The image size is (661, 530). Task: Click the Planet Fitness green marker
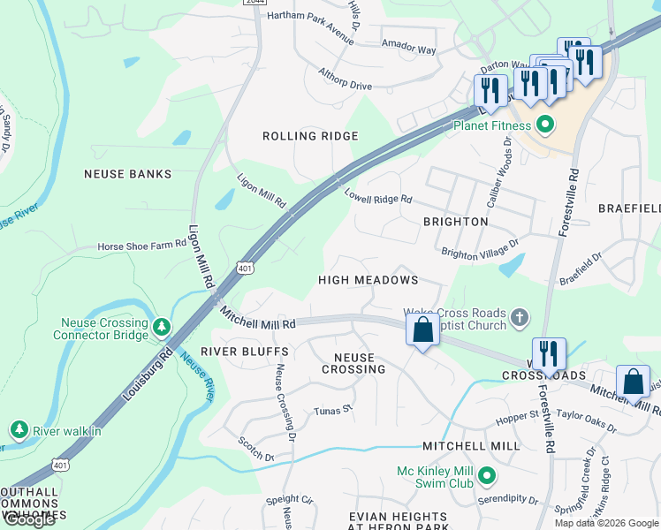tap(545, 125)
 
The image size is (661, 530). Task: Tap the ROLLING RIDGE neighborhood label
tap(310, 136)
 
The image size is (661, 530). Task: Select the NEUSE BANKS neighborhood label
tap(127, 174)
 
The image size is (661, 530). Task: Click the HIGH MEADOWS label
tap(368, 280)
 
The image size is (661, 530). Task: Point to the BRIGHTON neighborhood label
tap(455, 221)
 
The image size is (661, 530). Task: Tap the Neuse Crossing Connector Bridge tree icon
tap(161, 328)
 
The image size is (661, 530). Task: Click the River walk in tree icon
tap(19, 430)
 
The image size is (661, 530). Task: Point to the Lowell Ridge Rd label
tap(378, 198)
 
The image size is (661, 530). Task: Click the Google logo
tap(29, 519)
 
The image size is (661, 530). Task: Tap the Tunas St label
tap(333, 410)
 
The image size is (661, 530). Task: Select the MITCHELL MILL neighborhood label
tap(470, 446)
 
